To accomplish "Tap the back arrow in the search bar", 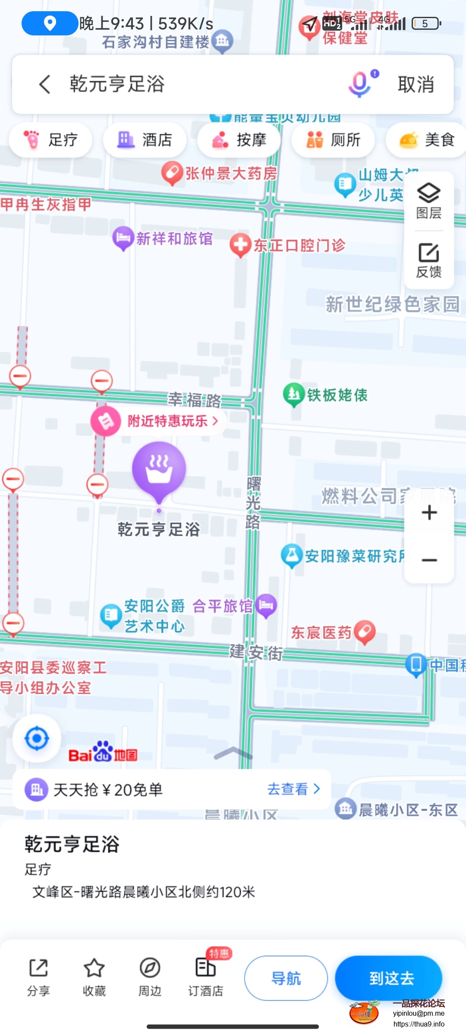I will tap(45, 84).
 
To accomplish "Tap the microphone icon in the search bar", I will tap(360, 84).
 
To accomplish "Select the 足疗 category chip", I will tap(50, 140).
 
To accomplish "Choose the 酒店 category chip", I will tap(145, 140).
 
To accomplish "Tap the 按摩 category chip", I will tap(239, 140).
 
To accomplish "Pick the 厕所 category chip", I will tap(333, 140).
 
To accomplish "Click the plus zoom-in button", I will tap(429, 513).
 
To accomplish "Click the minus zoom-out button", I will tap(429, 560).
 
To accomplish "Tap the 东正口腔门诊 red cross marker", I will tap(240, 245).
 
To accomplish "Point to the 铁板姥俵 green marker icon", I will tap(294, 394).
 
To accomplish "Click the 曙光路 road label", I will tap(253, 503).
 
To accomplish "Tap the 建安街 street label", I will tap(256, 652).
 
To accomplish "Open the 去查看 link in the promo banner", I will tap(293, 789).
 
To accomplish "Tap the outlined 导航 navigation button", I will tap(286, 978).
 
